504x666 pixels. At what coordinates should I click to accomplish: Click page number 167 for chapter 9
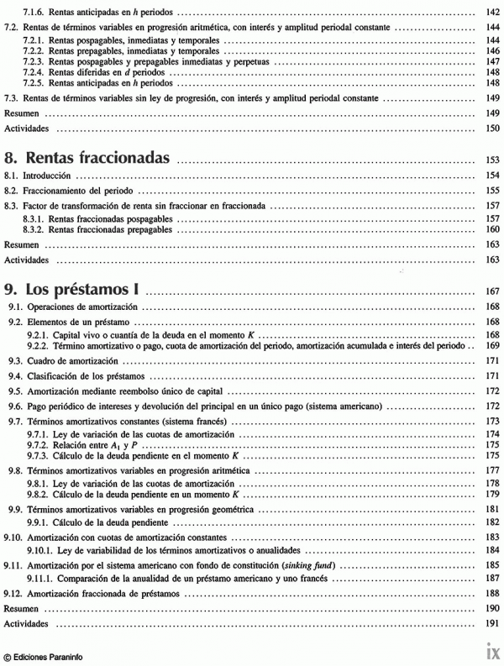click(491, 292)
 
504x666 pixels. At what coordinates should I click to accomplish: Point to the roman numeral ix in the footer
click(492, 648)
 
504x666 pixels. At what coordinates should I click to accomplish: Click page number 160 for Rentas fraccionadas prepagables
click(493, 228)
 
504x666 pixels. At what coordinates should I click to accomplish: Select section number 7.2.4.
click(34, 72)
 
